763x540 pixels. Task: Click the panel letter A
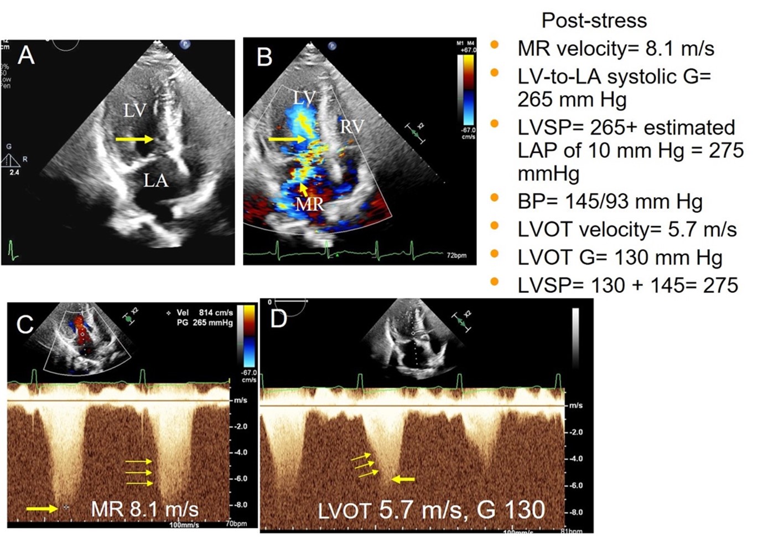[25, 55]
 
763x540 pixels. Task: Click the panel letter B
[264, 56]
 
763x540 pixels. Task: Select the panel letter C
[25, 324]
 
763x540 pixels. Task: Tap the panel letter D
[278, 318]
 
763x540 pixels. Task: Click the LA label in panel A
[155, 180]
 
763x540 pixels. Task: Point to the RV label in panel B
[352, 127]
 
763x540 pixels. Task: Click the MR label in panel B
[309, 204]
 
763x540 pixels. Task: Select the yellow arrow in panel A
[134, 140]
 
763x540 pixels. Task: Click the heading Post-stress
[594, 20]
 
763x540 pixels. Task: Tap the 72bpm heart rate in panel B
[456, 255]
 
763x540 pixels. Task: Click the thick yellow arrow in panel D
[403, 479]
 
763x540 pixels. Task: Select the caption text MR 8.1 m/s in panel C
[144, 508]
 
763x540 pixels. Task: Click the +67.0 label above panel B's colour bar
[468, 50]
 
